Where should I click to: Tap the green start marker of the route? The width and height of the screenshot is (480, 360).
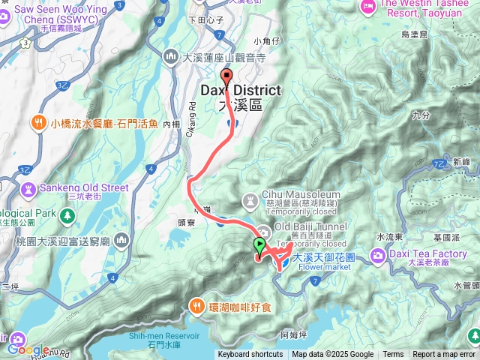tap(259, 245)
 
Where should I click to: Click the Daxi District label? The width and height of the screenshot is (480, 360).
tap(241, 91)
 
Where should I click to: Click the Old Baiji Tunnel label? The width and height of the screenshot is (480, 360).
tap(311, 227)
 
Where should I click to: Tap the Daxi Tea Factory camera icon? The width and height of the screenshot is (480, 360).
tap(376, 256)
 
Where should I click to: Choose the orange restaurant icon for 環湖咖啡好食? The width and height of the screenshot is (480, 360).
tap(196, 305)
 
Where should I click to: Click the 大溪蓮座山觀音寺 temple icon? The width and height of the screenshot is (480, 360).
tap(171, 56)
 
